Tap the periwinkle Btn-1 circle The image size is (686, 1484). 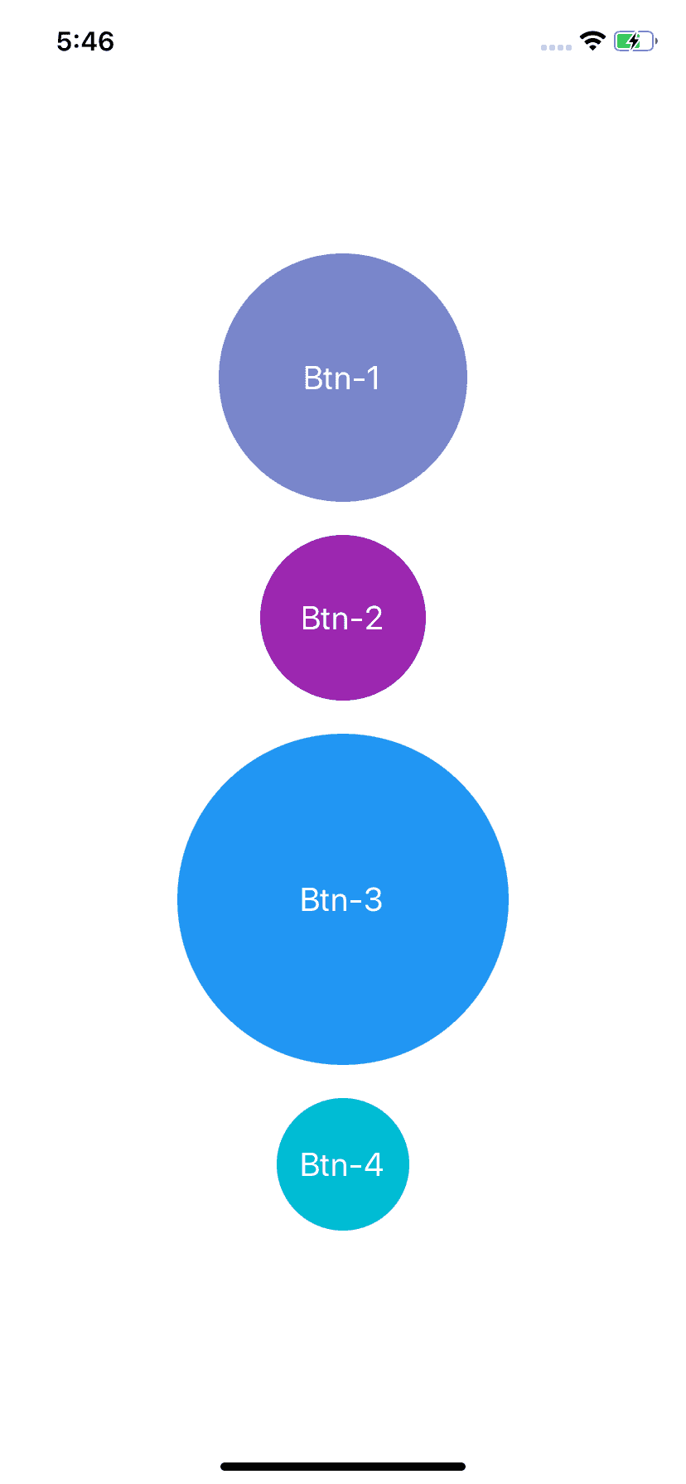pyautogui.click(x=343, y=378)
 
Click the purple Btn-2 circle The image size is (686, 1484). pyautogui.click(x=343, y=618)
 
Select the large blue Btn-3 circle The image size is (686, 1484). pyautogui.click(x=343, y=899)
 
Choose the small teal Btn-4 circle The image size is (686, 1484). pyautogui.click(x=343, y=1164)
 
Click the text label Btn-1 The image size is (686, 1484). pyautogui.click(x=342, y=378)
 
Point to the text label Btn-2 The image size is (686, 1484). pyautogui.click(x=342, y=618)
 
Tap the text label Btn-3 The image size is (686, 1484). pyautogui.click(x=341, y=899)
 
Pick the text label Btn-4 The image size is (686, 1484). pyautogui.click(x=341, y=1164)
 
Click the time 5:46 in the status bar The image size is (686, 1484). pyautogui.click(x=85, y=41)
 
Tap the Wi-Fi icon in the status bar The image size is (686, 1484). pyautogui.click(x=592, y=41)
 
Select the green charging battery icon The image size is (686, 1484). pyautogui.click(x=635, y=41)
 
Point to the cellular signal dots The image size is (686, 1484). pyautogui.click(x=556, y=47)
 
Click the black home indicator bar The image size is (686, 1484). pyautogui.click(x=343, y=1467)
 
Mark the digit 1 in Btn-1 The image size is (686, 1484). pyautogui.click(x=373, y=378)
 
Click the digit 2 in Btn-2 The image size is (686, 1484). pyautogui.click(x=374, y=618)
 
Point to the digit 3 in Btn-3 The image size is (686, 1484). pyautogui.click(x=373, y=899)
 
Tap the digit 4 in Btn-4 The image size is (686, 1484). pyautogui.click(x=374, y=1164)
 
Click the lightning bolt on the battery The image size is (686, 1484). pyautogui.click(x=634, y=41)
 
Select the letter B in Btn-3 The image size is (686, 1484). pyautogui.click(x=309, y=899)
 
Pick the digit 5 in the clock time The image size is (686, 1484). pyautogui.click(x=65, y=41)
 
